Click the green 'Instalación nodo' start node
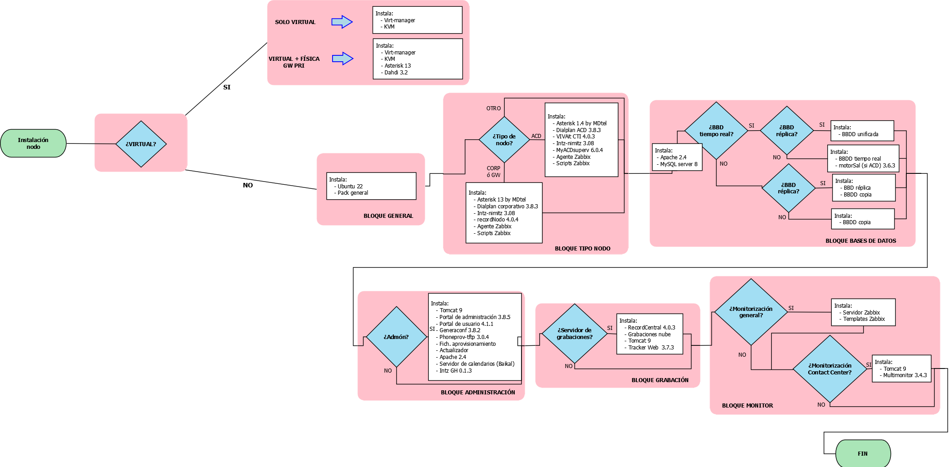[33, 143]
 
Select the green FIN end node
[863, 453]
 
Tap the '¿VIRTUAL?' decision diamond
[141, 144]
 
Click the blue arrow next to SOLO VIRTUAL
[342, 22]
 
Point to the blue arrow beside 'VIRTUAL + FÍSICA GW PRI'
[343, 59]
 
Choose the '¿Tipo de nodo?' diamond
[504, 140]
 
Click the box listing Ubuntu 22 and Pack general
[371, 186]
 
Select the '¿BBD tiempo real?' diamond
[716, 131]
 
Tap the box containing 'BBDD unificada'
[863, 131]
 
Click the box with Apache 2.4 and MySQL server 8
[677, 157]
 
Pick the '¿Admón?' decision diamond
[396, 337]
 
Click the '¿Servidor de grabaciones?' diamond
[575, 334]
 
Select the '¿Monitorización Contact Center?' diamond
[830, 369]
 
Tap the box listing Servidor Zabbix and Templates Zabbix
[864, 312]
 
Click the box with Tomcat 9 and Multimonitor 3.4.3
[902, 369]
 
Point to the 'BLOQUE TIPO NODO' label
[582, 249]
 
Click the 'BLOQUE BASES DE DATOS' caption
[861, 241]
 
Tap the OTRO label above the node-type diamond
[493, 108]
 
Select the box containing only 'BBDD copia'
[863, 219]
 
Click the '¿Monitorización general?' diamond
[751, 312]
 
